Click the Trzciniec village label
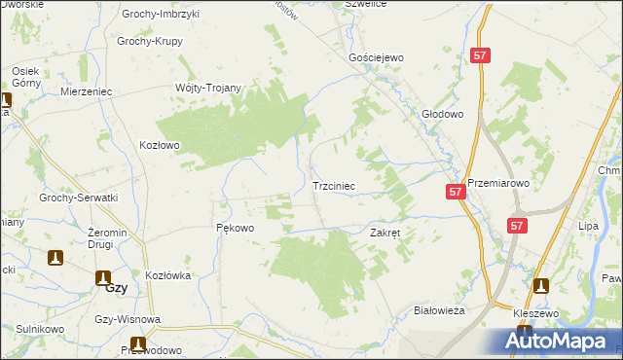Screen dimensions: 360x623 pos(334,184)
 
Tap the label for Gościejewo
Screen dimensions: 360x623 pos(376,57)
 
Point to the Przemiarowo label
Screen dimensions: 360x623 pos(497,182)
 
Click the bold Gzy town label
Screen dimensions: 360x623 pos(116,289)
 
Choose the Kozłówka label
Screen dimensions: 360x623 pos(167,275)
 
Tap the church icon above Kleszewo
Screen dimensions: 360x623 pos(540,287)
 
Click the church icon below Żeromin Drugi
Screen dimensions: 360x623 pos(56,258)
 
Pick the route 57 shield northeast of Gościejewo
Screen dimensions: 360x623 pos(479,56)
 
